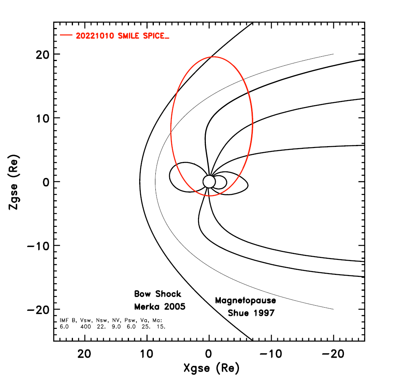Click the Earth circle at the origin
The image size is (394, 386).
[x=209, y=182]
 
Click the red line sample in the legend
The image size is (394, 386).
[x=65, y=35]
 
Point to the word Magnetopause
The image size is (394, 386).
[x=245, y=301]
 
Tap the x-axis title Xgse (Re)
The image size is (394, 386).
[x=211, y=369]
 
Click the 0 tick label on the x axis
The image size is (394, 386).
[x=209, y=353]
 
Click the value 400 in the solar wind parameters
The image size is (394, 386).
[x=85, y=327]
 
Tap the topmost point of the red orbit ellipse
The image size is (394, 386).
[x=213, y=57]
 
